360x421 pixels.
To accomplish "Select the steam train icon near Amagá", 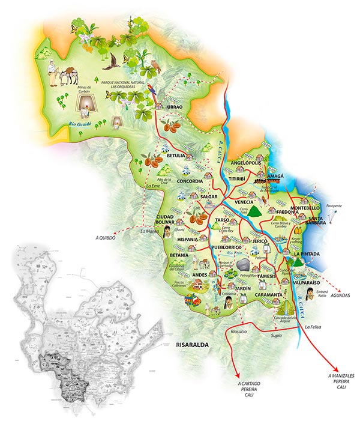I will coord(262,180).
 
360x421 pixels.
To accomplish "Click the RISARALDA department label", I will coord(193,345).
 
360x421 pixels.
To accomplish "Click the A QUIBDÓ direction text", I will coord(106,237).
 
